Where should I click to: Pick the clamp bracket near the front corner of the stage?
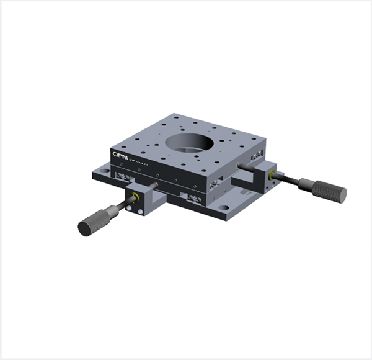pos(192,199)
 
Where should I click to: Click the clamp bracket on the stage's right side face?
pos(216,184)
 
